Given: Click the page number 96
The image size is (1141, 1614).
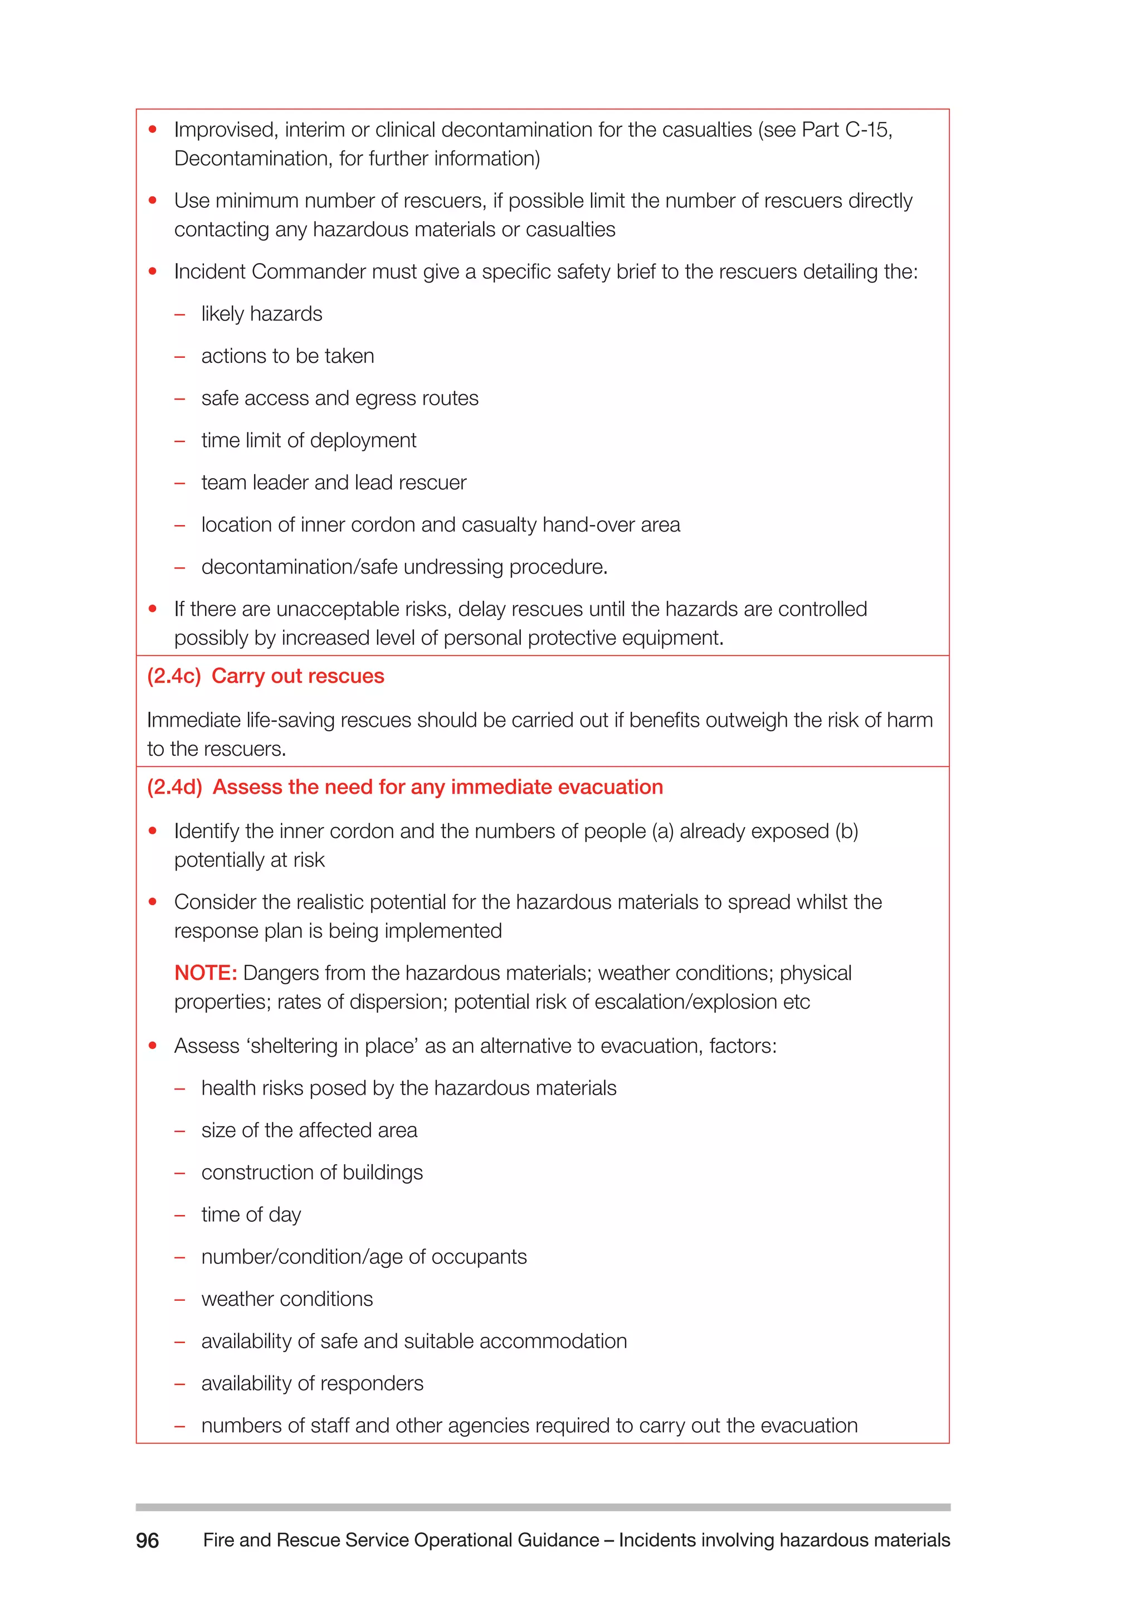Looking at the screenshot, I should pyautogui.click(x=148, y=1540).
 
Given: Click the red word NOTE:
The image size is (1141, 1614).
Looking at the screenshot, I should pyautogui.click(x=205, y=973).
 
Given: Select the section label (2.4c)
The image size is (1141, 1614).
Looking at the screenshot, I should pyautogui.click(x=173, y=676).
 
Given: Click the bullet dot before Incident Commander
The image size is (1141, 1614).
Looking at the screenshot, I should pyautogui.click(x=153, y=271).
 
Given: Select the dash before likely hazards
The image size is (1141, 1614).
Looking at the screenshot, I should pyautogui.click(x=180, y=314).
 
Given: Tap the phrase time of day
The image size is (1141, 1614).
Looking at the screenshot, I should pyautogui.click(x=251, y=1215).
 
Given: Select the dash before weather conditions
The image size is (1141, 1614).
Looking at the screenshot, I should pyautogui.click(x=180, y=1300).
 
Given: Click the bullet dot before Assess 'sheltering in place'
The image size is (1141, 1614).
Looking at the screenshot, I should pyautogui.click(x=153, y=1046).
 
